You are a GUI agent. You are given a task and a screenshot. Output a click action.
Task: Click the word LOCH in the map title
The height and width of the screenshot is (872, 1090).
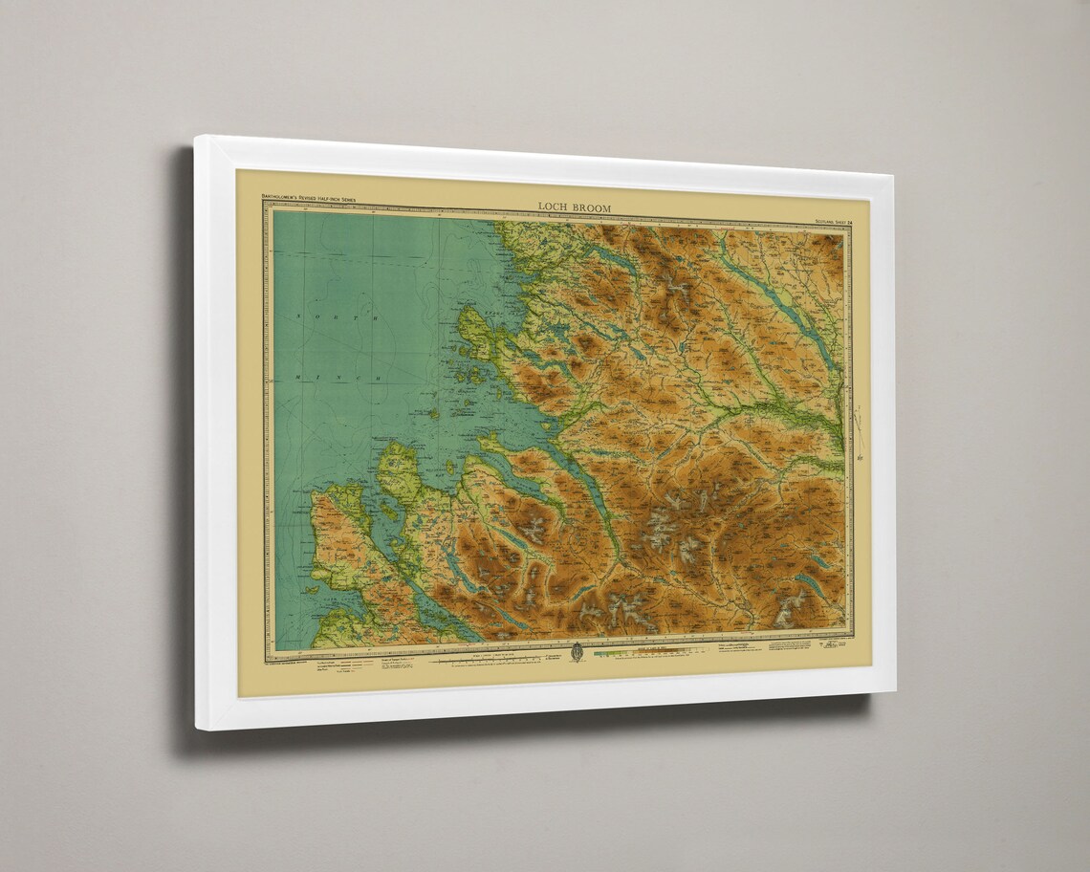553,206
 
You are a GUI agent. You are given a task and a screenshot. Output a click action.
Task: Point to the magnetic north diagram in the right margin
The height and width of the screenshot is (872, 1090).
860,430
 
